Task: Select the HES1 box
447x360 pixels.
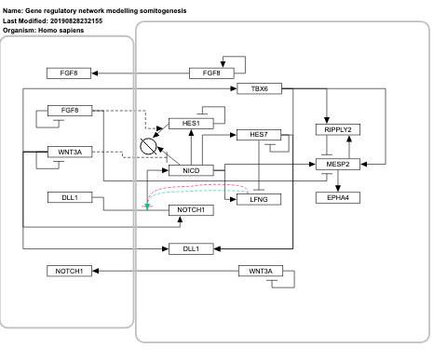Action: tap(192, 123)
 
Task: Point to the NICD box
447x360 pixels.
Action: tap(192, 169)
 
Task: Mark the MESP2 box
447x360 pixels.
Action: tap(337, 164)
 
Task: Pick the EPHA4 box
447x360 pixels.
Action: tap(337, 198)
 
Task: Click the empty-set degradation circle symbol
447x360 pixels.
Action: tap(147, 145)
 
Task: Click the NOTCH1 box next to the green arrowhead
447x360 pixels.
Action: tap(192, 211)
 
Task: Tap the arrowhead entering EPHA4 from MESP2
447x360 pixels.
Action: tap(337, 189)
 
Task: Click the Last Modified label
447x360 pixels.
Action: tap(28, 20)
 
